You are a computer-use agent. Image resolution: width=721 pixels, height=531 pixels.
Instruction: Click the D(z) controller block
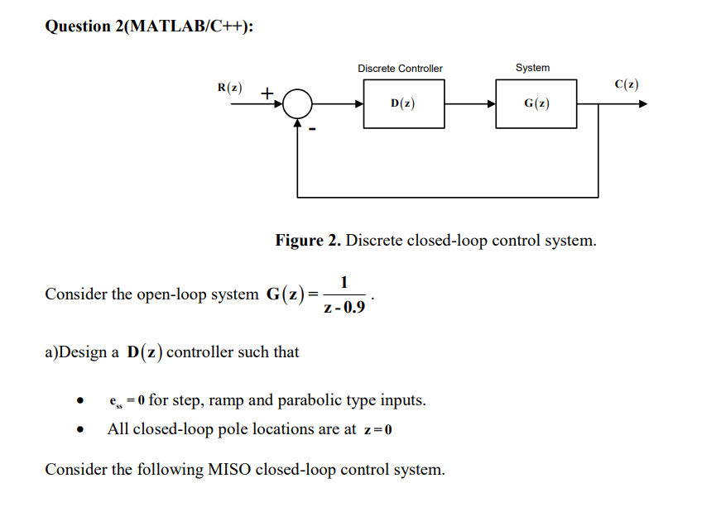click(403, 104)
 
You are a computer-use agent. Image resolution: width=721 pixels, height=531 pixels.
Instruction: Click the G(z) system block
click(536, 104)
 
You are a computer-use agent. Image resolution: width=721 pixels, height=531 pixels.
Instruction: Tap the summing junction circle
click(297, 105)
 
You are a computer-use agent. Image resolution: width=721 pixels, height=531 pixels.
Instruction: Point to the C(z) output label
click(627, 84)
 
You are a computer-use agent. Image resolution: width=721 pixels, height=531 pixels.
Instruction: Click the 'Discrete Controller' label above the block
click(400, 69)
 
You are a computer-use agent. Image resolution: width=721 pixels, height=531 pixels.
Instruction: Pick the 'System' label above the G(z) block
click(532, 68)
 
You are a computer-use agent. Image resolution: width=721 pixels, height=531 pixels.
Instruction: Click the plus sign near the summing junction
click(267, 94)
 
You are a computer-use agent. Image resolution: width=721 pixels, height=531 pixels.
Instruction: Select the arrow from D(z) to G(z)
click(469, 105)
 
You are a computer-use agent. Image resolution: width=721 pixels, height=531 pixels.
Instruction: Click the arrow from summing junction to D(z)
click(338, 105)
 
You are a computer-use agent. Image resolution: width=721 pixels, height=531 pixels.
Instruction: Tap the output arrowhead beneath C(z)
click(642, 105)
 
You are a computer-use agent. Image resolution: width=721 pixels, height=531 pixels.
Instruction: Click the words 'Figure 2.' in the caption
click(308, 241)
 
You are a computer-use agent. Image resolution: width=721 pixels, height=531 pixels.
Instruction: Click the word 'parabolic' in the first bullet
click(309, 401)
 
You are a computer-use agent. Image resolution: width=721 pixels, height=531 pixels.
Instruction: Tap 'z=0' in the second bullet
click(377, 429)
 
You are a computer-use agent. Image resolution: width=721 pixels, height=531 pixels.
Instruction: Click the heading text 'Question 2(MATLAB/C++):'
click(149, 26)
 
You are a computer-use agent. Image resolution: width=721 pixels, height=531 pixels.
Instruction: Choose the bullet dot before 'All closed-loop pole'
click(80, 430)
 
